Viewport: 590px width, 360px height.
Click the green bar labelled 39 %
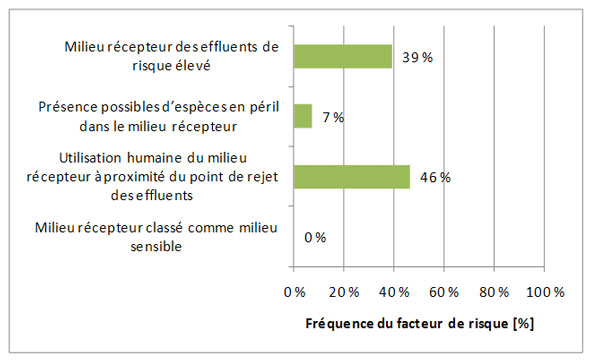click(342, 56)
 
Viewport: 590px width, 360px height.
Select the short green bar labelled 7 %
click(303, 116)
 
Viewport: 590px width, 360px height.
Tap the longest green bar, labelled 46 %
click(352, 176)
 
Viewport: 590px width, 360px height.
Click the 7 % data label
click(332, 117)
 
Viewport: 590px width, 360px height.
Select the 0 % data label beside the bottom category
click(315, 237)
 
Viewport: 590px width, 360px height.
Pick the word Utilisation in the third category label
click(96, 159)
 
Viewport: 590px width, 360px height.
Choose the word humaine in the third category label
click(160, 159)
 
